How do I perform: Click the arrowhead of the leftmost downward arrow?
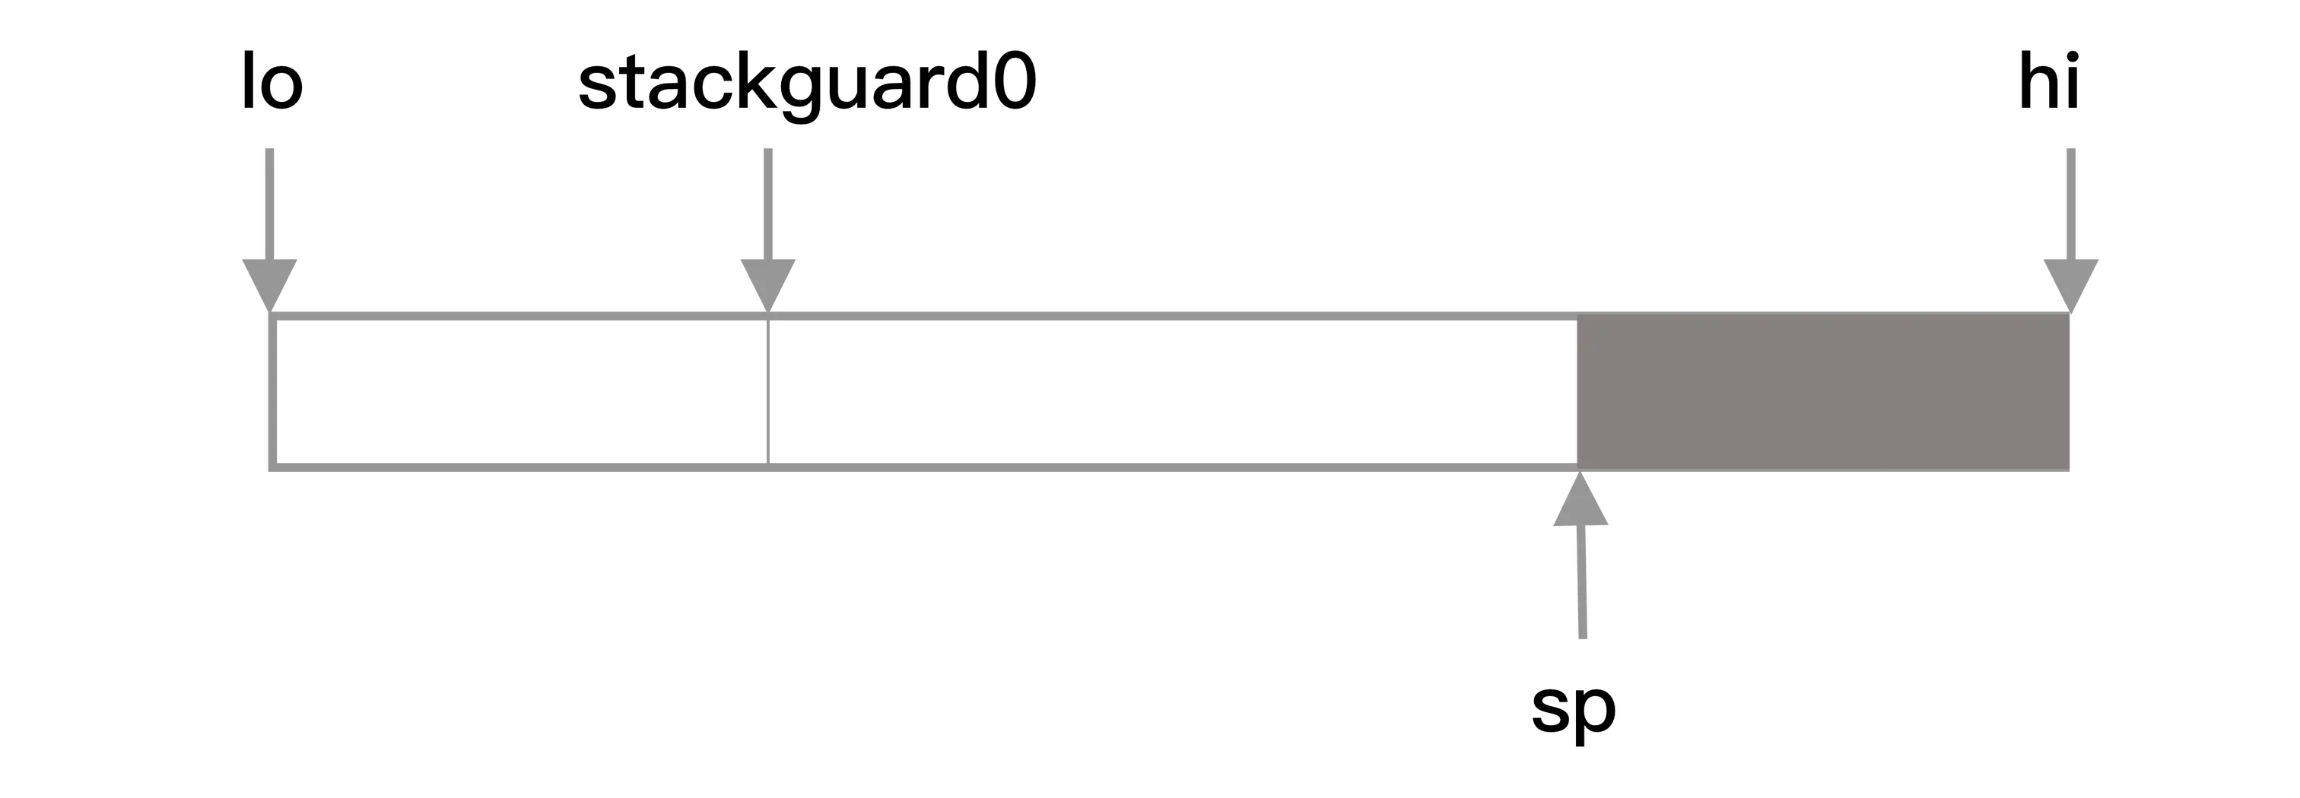[271, 280]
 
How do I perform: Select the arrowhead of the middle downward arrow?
[769, 280]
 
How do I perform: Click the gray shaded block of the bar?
[1822, 393]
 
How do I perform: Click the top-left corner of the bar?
[271, 316]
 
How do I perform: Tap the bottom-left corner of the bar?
[271, 464]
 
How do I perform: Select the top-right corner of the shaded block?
[2070, 316]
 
